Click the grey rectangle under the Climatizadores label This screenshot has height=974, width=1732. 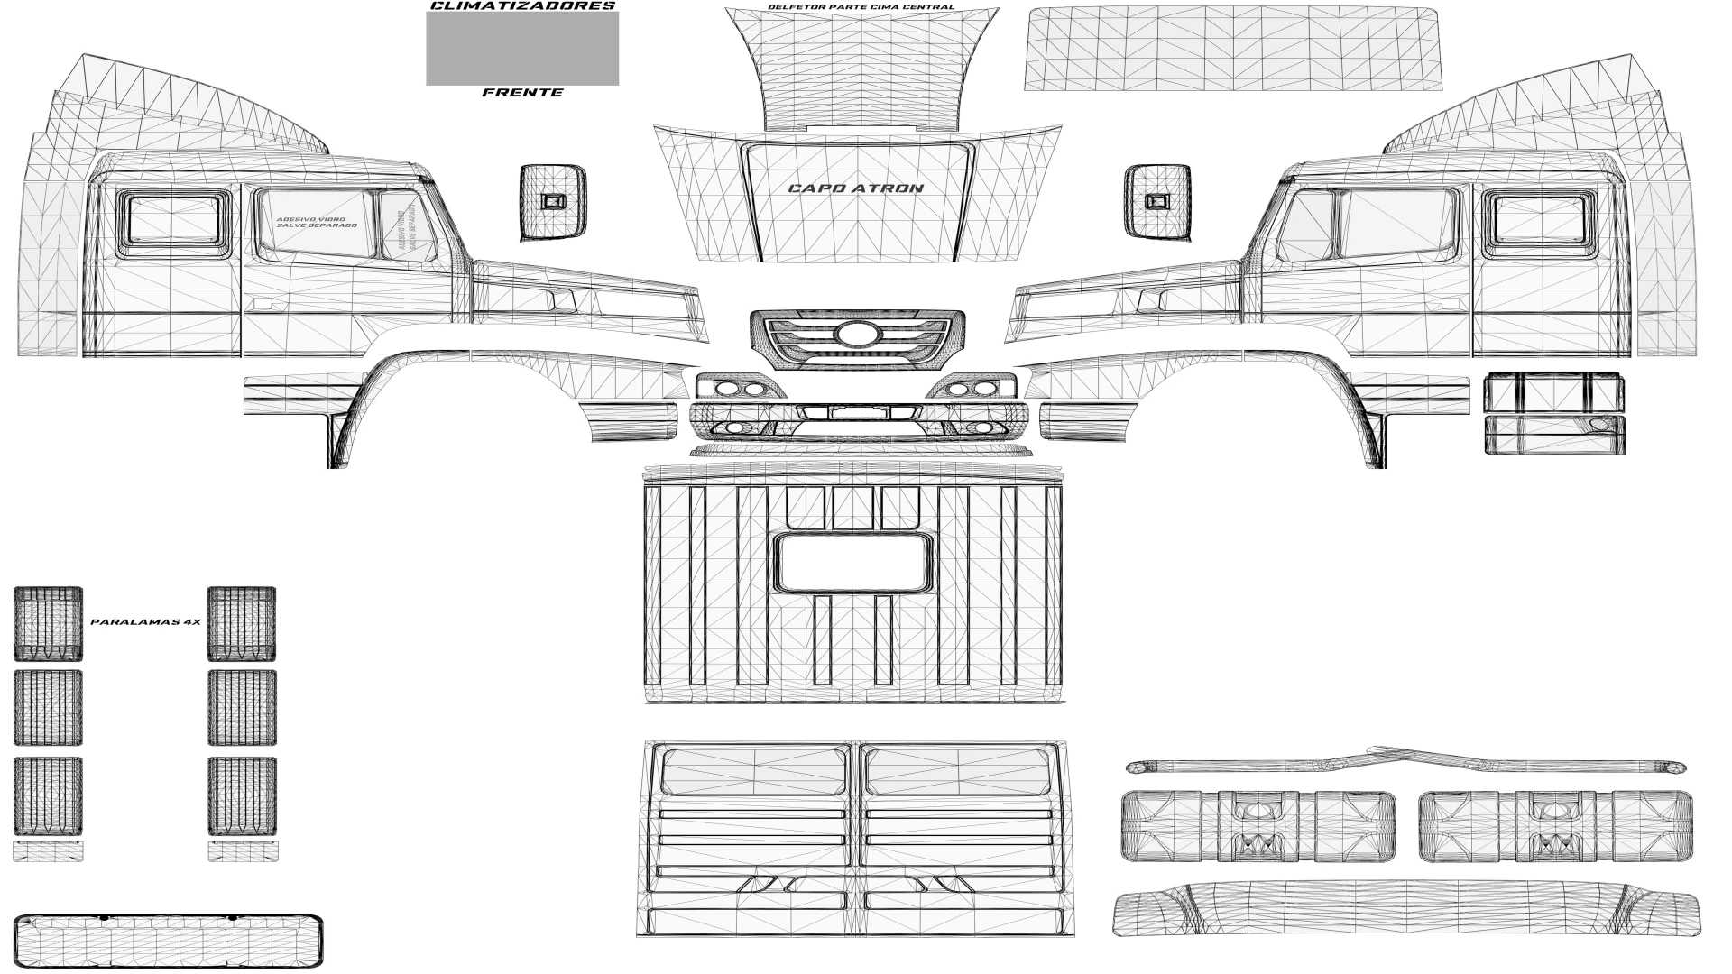(522, 48)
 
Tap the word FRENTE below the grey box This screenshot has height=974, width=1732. (522, 93)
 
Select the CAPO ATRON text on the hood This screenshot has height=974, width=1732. (855, 188)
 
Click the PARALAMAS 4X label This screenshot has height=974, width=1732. (145, 622)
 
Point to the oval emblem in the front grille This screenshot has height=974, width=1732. (856, 335)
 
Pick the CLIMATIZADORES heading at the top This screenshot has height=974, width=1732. (522, 5)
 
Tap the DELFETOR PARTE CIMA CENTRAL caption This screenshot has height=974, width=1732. (860, 7)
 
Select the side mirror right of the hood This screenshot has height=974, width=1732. (1157, 203)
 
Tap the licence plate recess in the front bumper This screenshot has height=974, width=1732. (859, 412)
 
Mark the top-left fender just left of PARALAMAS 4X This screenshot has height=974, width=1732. (48, 623)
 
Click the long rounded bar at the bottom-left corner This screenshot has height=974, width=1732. (169, 941)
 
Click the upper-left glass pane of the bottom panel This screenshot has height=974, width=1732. (755, 772)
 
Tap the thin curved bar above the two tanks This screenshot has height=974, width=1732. (1405, 765)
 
